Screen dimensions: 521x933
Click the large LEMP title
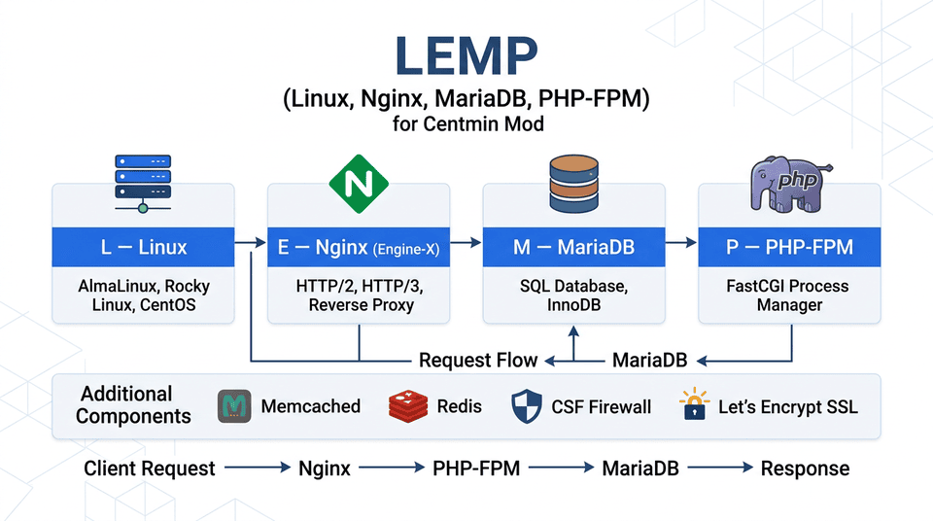coord(466,58)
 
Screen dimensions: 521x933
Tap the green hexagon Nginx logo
coord(359,183)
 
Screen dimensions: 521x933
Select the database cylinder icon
coord(574,181)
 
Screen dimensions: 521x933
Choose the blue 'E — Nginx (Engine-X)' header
coord(359,248)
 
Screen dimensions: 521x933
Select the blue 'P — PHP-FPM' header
coord(789,248)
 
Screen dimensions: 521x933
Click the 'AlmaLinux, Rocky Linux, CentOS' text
coord(143,295)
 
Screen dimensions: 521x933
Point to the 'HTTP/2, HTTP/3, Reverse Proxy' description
coord(359,295)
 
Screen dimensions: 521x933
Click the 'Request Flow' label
coord(477,361)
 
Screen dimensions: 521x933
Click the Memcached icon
coord(233,406)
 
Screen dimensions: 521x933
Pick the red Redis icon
coord(407,406)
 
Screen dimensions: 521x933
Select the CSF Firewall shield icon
coord(526,406)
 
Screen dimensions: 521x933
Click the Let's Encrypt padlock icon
coord(694,405)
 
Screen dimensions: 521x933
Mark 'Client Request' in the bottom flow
coord(150,469)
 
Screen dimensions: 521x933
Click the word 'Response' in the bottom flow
coord(805,469)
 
